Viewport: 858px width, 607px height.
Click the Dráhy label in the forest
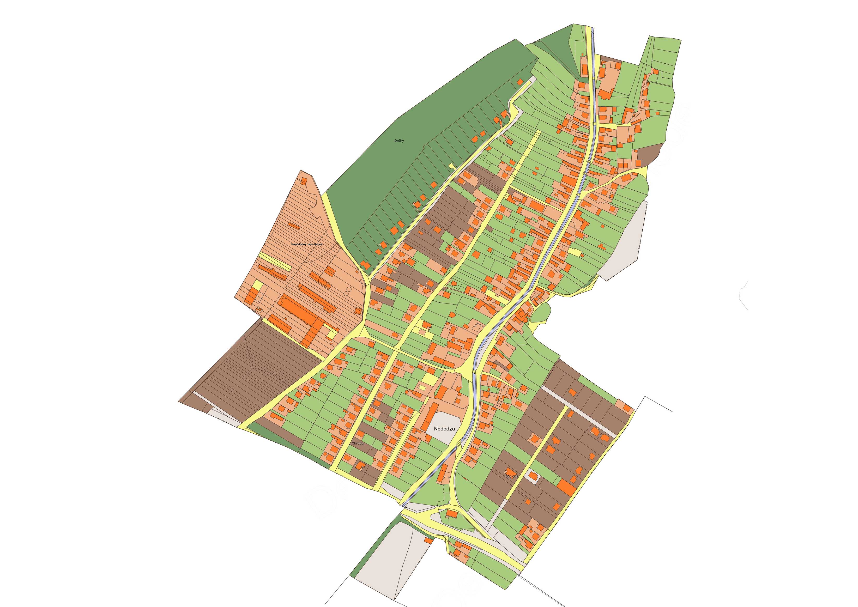click(399, 141)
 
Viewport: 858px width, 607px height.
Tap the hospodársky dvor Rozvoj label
click(307, 244)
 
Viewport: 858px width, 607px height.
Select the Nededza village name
click(444, 429)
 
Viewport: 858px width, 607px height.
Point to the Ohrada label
click(357, 443)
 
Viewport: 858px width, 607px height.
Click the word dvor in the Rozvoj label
click(311, 244)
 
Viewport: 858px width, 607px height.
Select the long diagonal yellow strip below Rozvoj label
click(275, 261)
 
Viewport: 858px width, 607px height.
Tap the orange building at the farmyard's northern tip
click(304, 181)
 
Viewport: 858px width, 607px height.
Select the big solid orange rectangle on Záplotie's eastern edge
click(566, 487)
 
